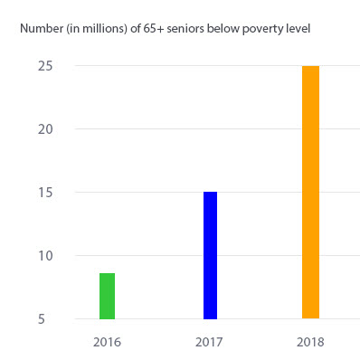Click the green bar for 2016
(107, 296)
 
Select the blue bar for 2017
(209, 255)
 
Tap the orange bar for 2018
(310, 192)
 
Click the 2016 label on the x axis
(107, 343)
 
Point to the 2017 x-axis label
(209, 343)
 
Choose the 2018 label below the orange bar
(310, 343)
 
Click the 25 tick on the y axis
(43, 66)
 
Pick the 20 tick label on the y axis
(43, 129)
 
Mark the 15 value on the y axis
(43, 193)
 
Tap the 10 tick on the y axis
(43, 256)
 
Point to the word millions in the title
(103, 28)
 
